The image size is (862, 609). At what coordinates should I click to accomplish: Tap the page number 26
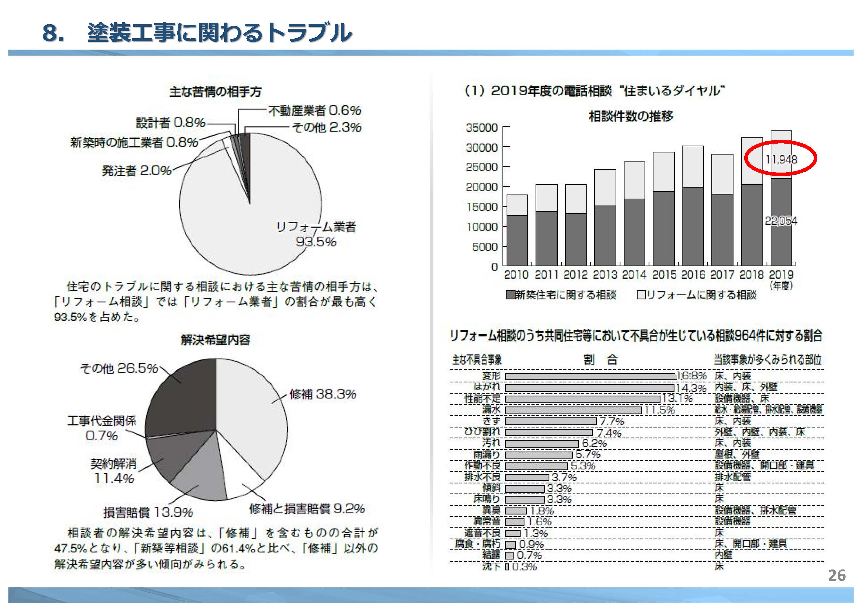[x=837, y=575]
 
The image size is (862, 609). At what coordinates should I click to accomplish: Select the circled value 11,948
[x=781, y=160]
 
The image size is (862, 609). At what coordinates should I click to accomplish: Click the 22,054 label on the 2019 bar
[x=781, y=221]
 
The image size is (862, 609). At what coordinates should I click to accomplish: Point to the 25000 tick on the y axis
[x=482, y=167]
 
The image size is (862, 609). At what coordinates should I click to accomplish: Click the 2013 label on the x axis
[x=605, y=275]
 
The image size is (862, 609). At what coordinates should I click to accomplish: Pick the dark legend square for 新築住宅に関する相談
[x=510, y=295]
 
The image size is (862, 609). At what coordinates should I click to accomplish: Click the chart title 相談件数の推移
[x=631, y=116]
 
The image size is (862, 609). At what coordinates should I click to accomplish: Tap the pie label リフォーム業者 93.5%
[x=316, y=234]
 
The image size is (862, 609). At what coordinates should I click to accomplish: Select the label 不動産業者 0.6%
[x=314, y=110]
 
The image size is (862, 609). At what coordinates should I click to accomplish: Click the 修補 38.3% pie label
[x=323, y=394]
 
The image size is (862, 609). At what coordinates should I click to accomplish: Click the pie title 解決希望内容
[x=215, y=340]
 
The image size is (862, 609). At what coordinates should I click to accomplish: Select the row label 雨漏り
[x=487, y=454]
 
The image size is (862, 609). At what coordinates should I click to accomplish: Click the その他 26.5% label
[x=119, y=368]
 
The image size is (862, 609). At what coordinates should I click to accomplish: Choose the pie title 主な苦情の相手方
[x=215, y=92]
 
